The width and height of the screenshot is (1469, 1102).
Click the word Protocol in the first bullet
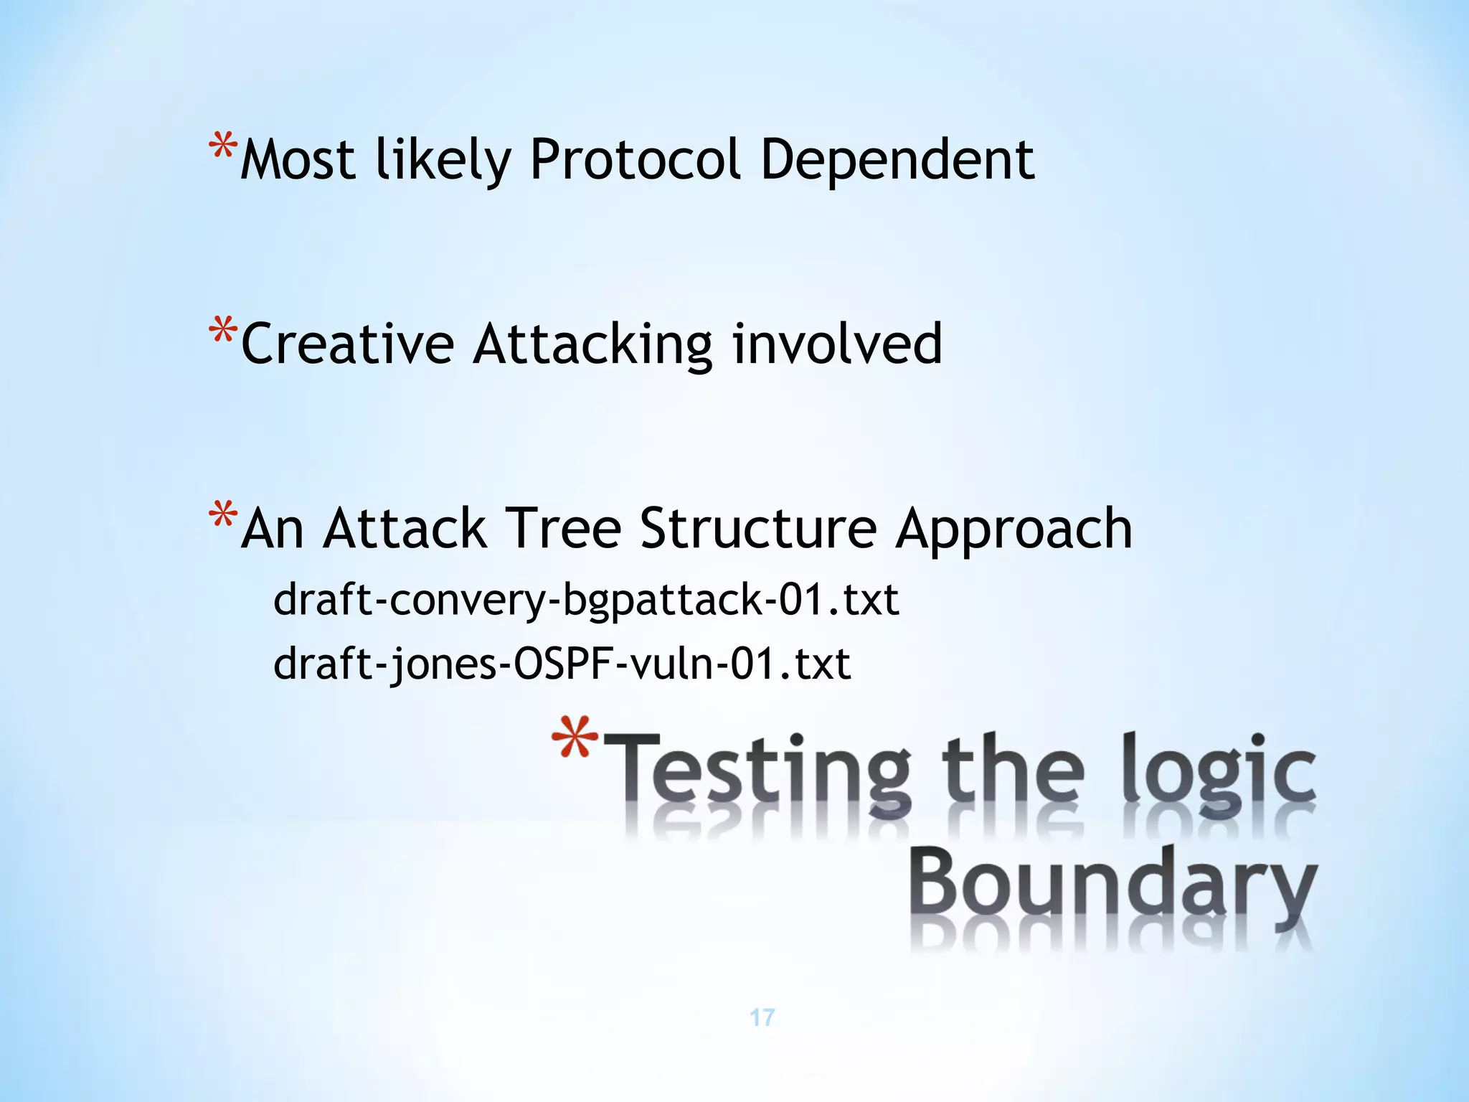point(635,159)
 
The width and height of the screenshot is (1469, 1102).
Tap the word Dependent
point(897,159)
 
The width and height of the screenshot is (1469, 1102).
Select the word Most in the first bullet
point(298,159)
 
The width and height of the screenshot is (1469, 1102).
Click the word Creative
point(347,344)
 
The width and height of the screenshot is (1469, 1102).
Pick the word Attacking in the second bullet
point(592,344)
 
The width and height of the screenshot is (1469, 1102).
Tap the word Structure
point(758,529)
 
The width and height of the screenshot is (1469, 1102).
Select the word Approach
point(1014,529)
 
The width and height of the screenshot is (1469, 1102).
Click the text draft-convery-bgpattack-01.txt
point(585,600)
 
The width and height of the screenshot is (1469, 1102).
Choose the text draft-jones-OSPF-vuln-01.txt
point(562,664)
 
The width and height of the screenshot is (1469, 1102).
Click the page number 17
point(762,1017)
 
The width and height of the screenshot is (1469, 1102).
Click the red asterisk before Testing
point(575,739)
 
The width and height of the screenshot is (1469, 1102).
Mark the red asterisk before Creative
point(222,334)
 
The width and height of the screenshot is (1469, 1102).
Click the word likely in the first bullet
point(443,159)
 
